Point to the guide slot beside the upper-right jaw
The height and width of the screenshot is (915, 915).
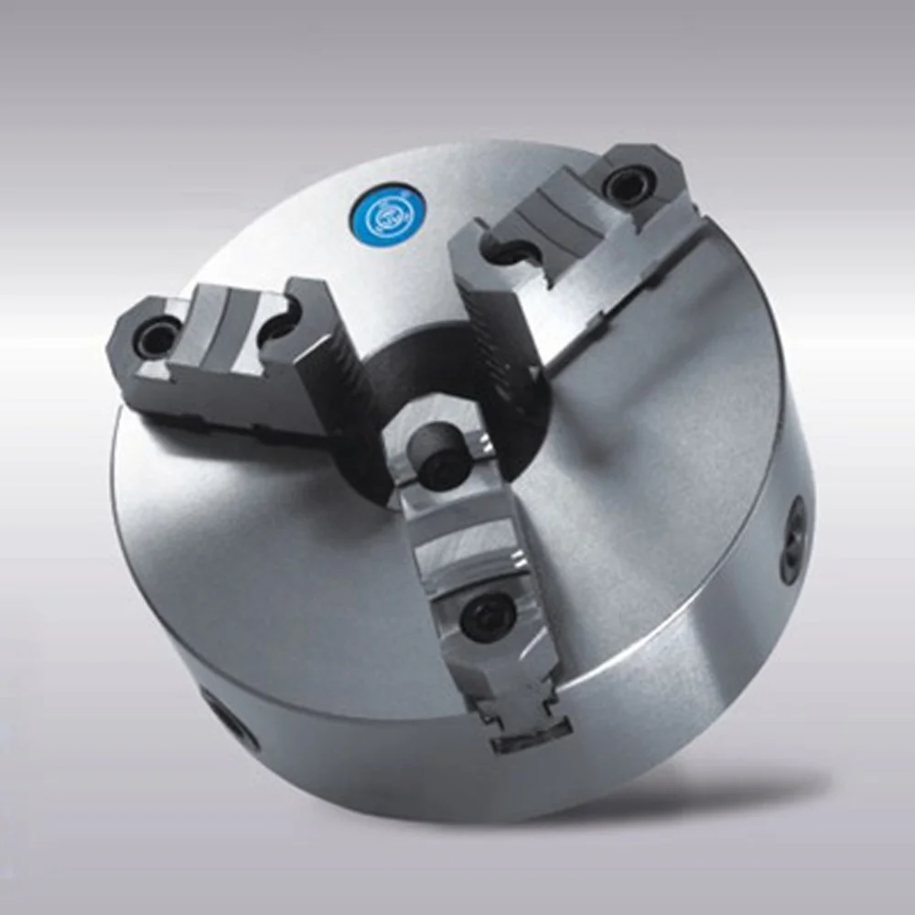pos(640,293)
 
